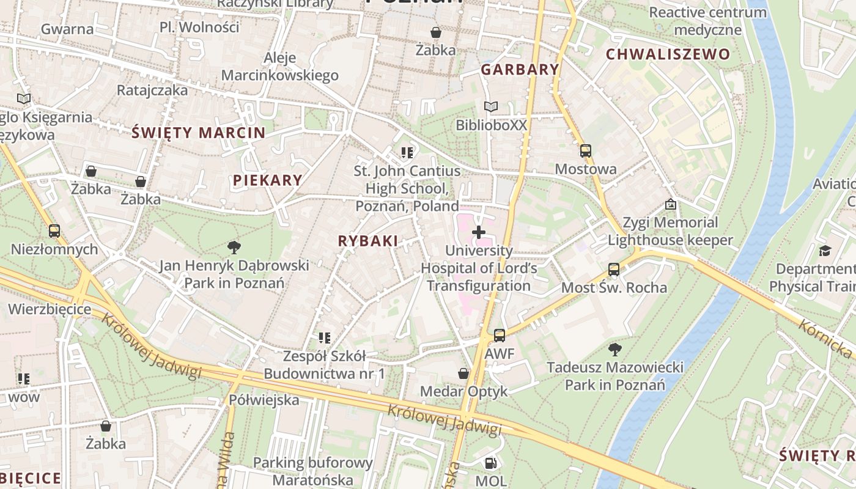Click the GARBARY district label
coord(520,70)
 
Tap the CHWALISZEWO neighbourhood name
coord(668,54)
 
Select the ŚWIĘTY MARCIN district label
coord(199,133)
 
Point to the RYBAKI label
coord(368,241)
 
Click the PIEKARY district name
coord(267,180)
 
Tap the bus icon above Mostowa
coord(586,150)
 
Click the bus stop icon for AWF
coord(500,335)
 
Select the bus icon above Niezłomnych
coord(54,231)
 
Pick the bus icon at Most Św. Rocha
coord(614,269)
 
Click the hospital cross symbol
coord(479,232)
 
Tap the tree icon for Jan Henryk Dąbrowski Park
coord(234,247)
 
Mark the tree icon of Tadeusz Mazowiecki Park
coord(614,349)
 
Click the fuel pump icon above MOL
coord(490,463)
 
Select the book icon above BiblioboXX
coord(490,107)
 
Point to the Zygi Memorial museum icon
coord(671,204)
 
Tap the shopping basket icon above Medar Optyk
coord(464,373)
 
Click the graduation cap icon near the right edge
coord(825,251)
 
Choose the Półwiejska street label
coord(264,400)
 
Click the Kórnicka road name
coord(825,339)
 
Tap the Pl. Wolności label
coord(199,27)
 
